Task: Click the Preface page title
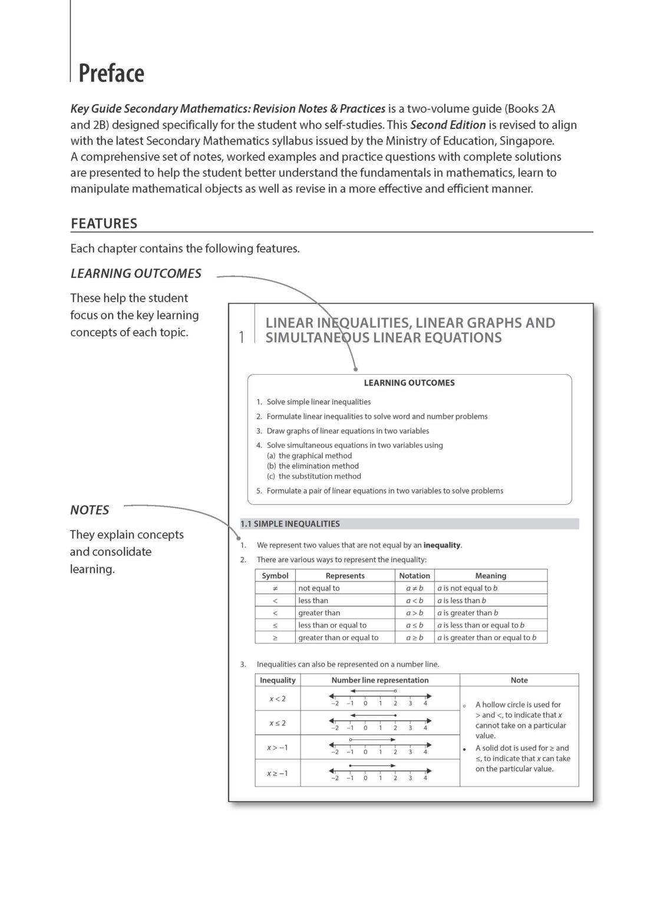111,73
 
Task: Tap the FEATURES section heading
104,223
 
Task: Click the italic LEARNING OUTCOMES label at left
136,273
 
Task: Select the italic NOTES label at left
90,510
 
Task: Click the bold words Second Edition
448,125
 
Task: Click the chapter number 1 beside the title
242,338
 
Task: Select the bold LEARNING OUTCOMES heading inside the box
409,383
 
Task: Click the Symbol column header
275,576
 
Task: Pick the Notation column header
414,576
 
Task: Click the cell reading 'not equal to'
319,588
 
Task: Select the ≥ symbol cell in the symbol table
275,638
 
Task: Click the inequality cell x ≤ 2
278,723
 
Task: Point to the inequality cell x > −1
278,748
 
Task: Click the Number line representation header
380,680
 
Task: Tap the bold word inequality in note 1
442,546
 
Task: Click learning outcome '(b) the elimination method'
313,466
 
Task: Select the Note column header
519,680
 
